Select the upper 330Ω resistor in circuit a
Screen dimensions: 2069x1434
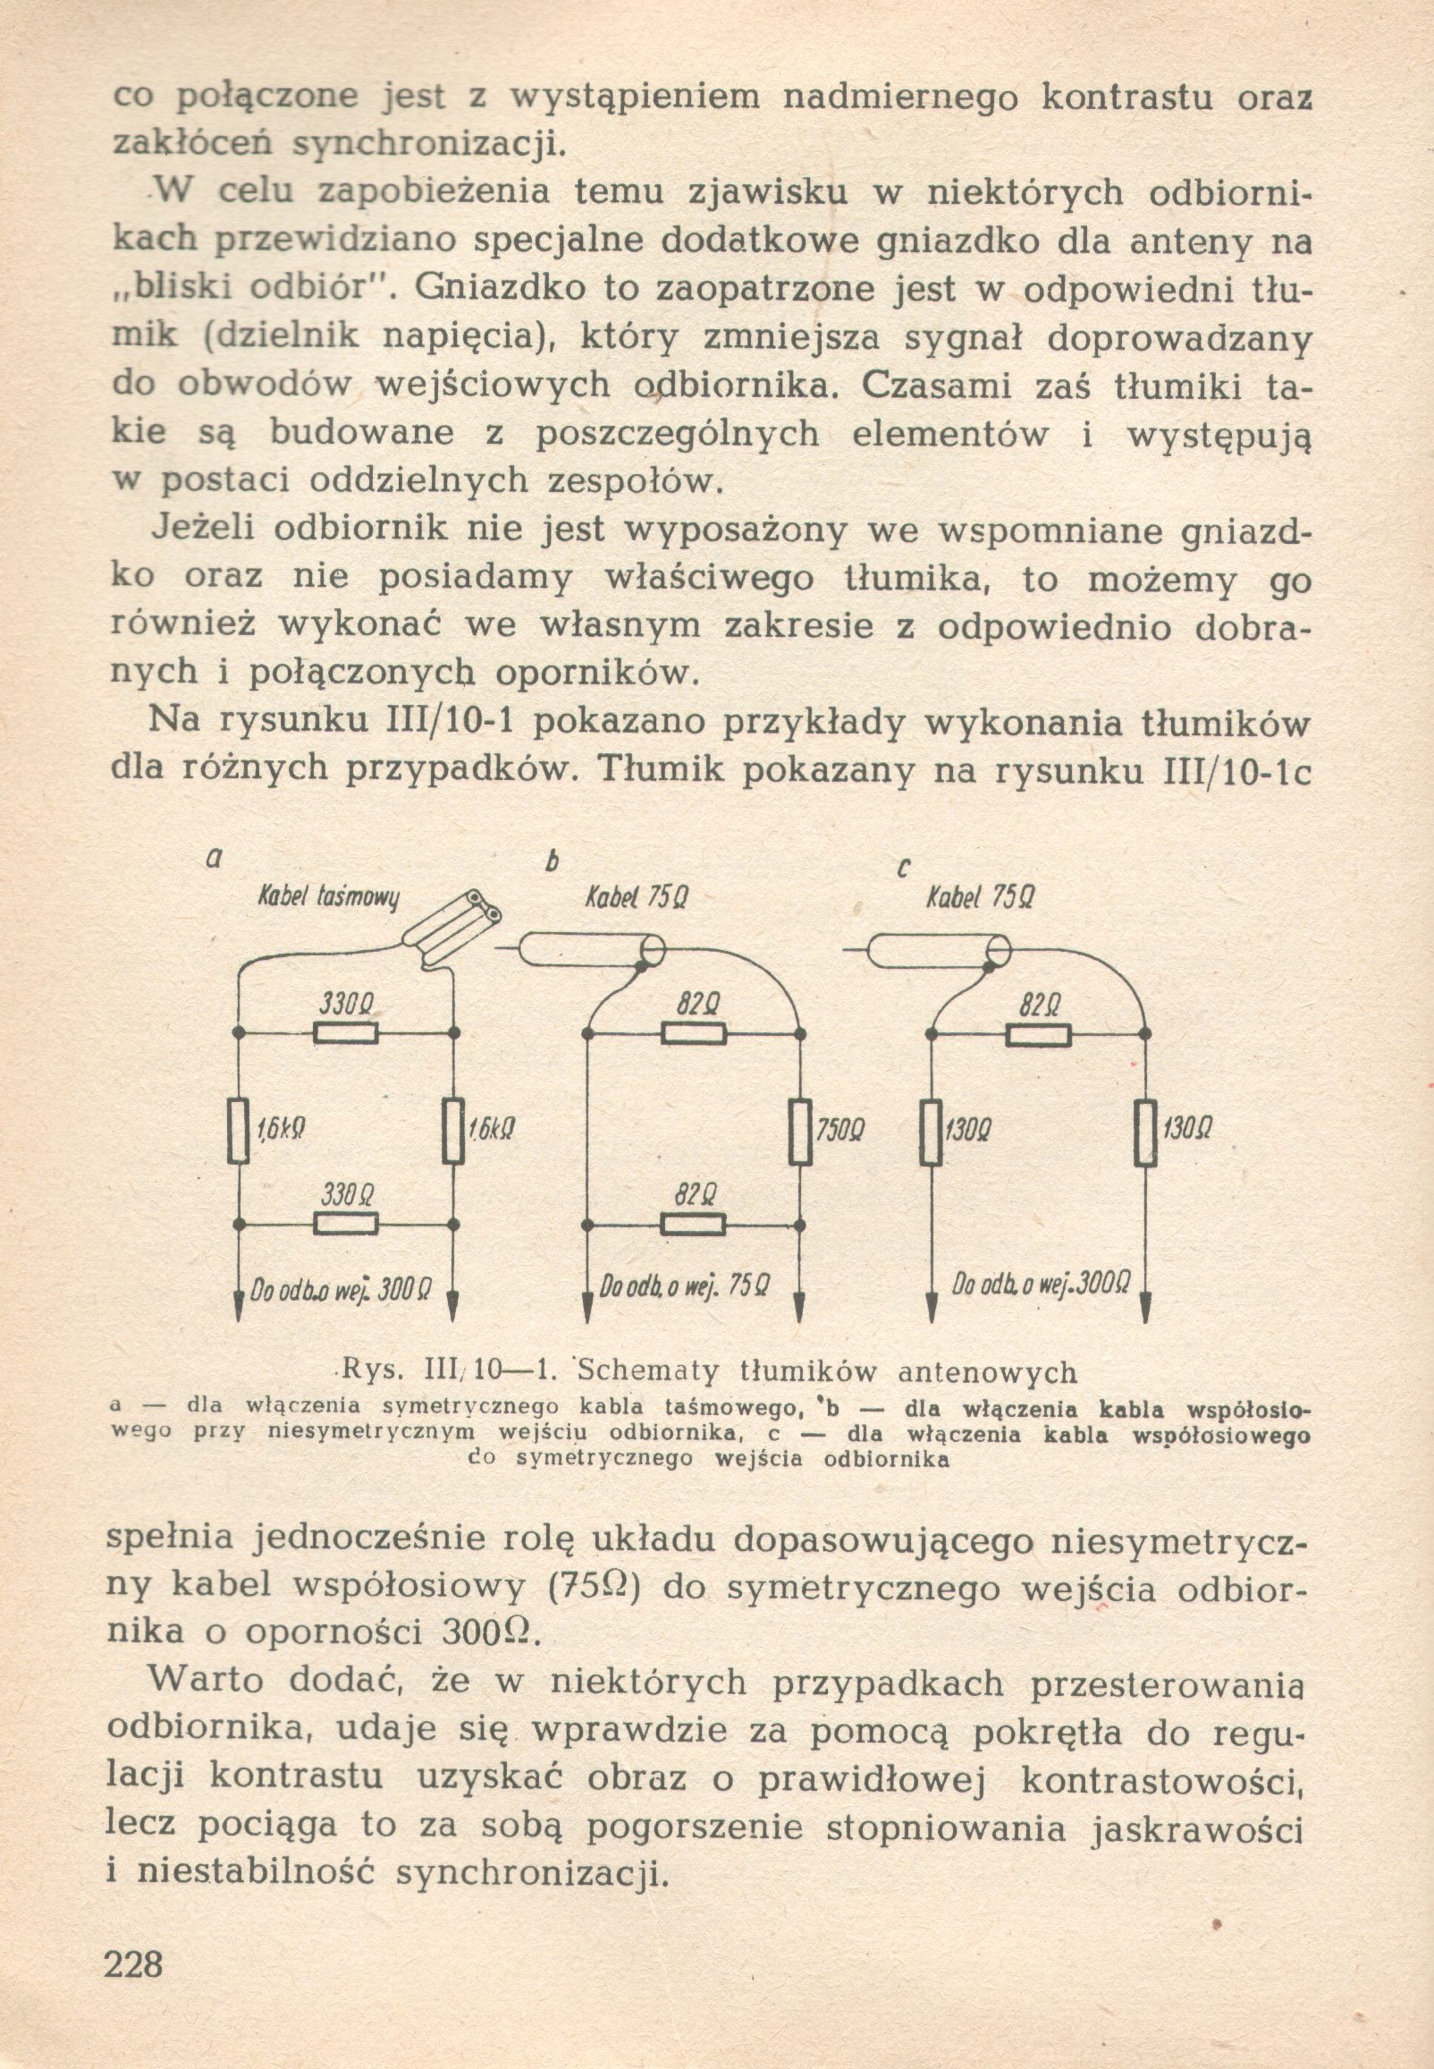346,1034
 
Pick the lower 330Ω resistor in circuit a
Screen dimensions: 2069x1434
346,1224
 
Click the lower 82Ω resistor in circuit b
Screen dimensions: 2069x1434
693,1224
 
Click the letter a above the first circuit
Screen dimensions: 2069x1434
213,859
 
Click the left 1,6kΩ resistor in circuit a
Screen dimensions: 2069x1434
238,1130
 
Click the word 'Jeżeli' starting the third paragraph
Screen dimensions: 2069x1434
201,527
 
